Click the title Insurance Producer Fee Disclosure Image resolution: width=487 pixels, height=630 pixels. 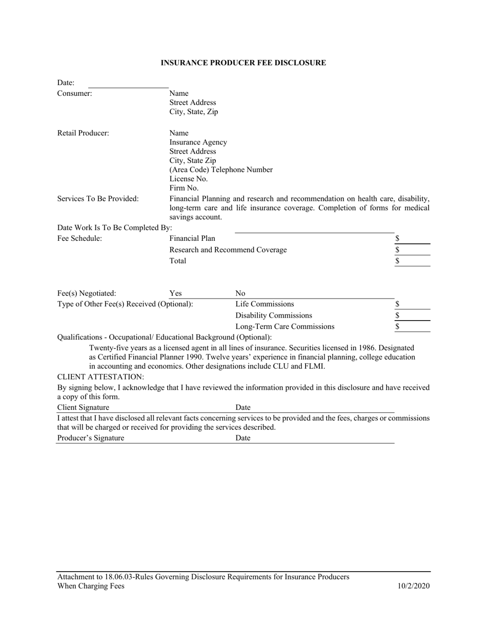point(243,62)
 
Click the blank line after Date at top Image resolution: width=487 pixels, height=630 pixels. point(128,83)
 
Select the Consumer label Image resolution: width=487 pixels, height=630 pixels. point(75,93)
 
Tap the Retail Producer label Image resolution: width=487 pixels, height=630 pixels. point(83,133)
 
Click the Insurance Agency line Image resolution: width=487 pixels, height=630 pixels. point(198,142)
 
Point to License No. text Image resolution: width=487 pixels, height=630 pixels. point(188,179)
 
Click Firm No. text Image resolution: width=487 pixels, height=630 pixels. point(184,188)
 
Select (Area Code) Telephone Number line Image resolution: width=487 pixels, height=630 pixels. point(221,170)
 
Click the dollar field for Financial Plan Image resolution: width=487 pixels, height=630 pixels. point(413,239)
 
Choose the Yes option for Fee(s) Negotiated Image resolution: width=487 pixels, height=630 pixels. point(175,293)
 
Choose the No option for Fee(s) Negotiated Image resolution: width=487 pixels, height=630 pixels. point(240,293)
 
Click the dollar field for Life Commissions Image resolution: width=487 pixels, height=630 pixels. point(413,304)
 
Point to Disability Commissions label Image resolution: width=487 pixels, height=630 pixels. point(273,315)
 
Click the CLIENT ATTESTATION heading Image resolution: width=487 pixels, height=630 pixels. point(100,377)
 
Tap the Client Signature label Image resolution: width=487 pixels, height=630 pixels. point(83,407)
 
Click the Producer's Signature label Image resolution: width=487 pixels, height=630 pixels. point(90,438)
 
